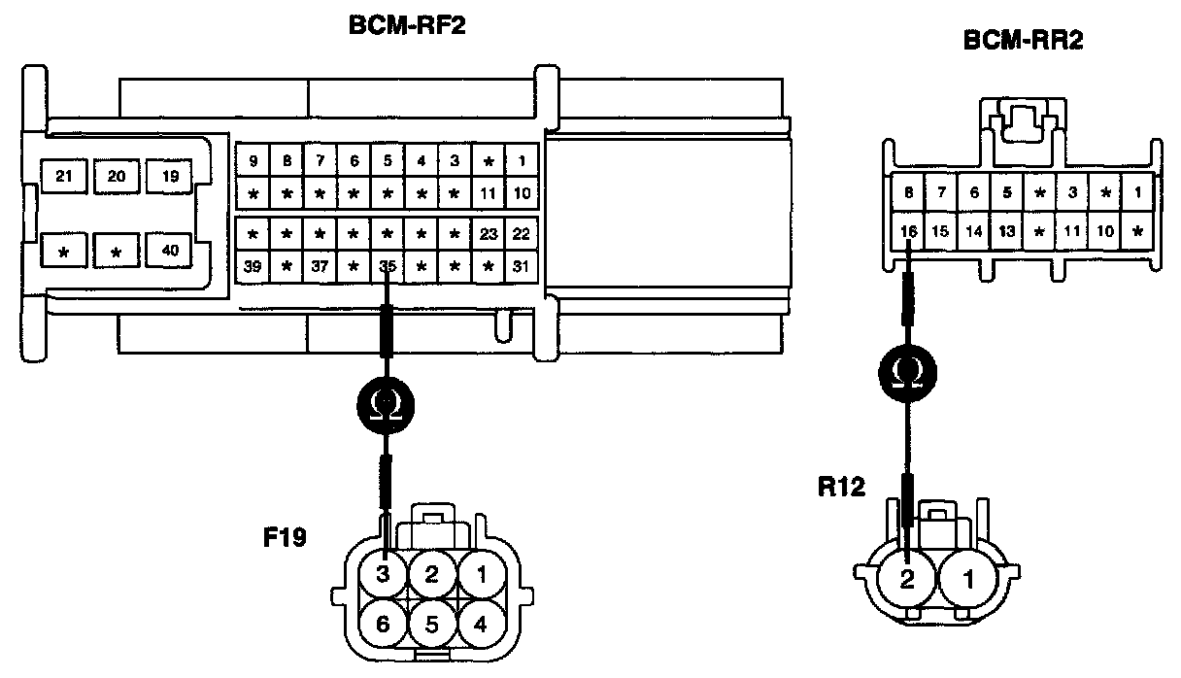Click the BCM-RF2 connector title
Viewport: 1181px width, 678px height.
tap(407, 26)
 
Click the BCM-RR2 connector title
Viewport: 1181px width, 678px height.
tap(1024, 43)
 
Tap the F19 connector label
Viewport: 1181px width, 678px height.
tap(287, 535)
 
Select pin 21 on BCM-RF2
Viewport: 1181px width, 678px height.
tap(64, 176)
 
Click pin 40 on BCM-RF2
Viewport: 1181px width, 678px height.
tap(170, 251)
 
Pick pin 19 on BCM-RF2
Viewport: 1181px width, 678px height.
tap(170, 176)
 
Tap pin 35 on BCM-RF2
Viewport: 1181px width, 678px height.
tap(388, 265)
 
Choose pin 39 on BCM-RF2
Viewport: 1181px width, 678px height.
tap(253, 265)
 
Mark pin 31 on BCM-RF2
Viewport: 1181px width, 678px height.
tap(522, 265)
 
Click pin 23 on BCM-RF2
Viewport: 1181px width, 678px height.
tap(489, 234)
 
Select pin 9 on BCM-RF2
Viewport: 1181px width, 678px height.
tap(253, 160)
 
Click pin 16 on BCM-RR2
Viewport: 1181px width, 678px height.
tap(909, 231)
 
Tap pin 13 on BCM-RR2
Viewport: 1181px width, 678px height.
tap(1007, 231)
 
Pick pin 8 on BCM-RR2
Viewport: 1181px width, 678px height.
tap(909, 193)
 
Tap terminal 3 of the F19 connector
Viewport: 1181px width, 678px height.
tap(382, 574)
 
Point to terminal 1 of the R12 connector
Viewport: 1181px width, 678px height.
tap(966, 580)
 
